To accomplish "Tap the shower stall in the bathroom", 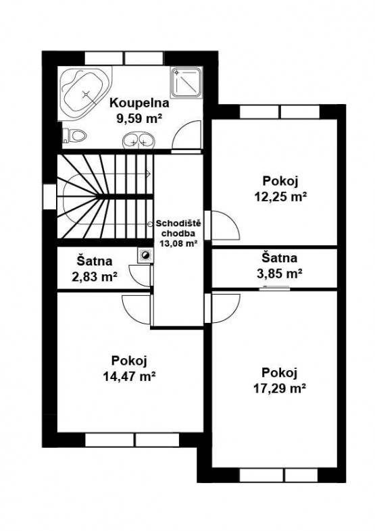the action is click(x=186, y=82).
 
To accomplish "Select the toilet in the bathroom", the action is click(x=74, y=136).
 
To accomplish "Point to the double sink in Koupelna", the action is click(x=139, y=141).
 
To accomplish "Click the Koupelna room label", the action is click(x=139, y=103).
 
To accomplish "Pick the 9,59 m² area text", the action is click(x=139, y=118).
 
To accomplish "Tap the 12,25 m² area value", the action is click(x=280, y=197).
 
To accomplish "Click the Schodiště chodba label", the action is click(x=178, y=228).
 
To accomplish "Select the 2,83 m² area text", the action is click(x=95, y=277).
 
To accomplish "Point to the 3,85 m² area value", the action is click(x=280, y=274).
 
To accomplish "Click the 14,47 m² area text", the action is click(x=129, y=376).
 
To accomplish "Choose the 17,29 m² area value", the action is click(x=280, y=388).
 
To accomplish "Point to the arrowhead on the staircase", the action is click(x=149, y=174).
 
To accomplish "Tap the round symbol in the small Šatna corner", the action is click(x=146, y=255).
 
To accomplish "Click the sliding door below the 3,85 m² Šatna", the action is click(x=275, y=289).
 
